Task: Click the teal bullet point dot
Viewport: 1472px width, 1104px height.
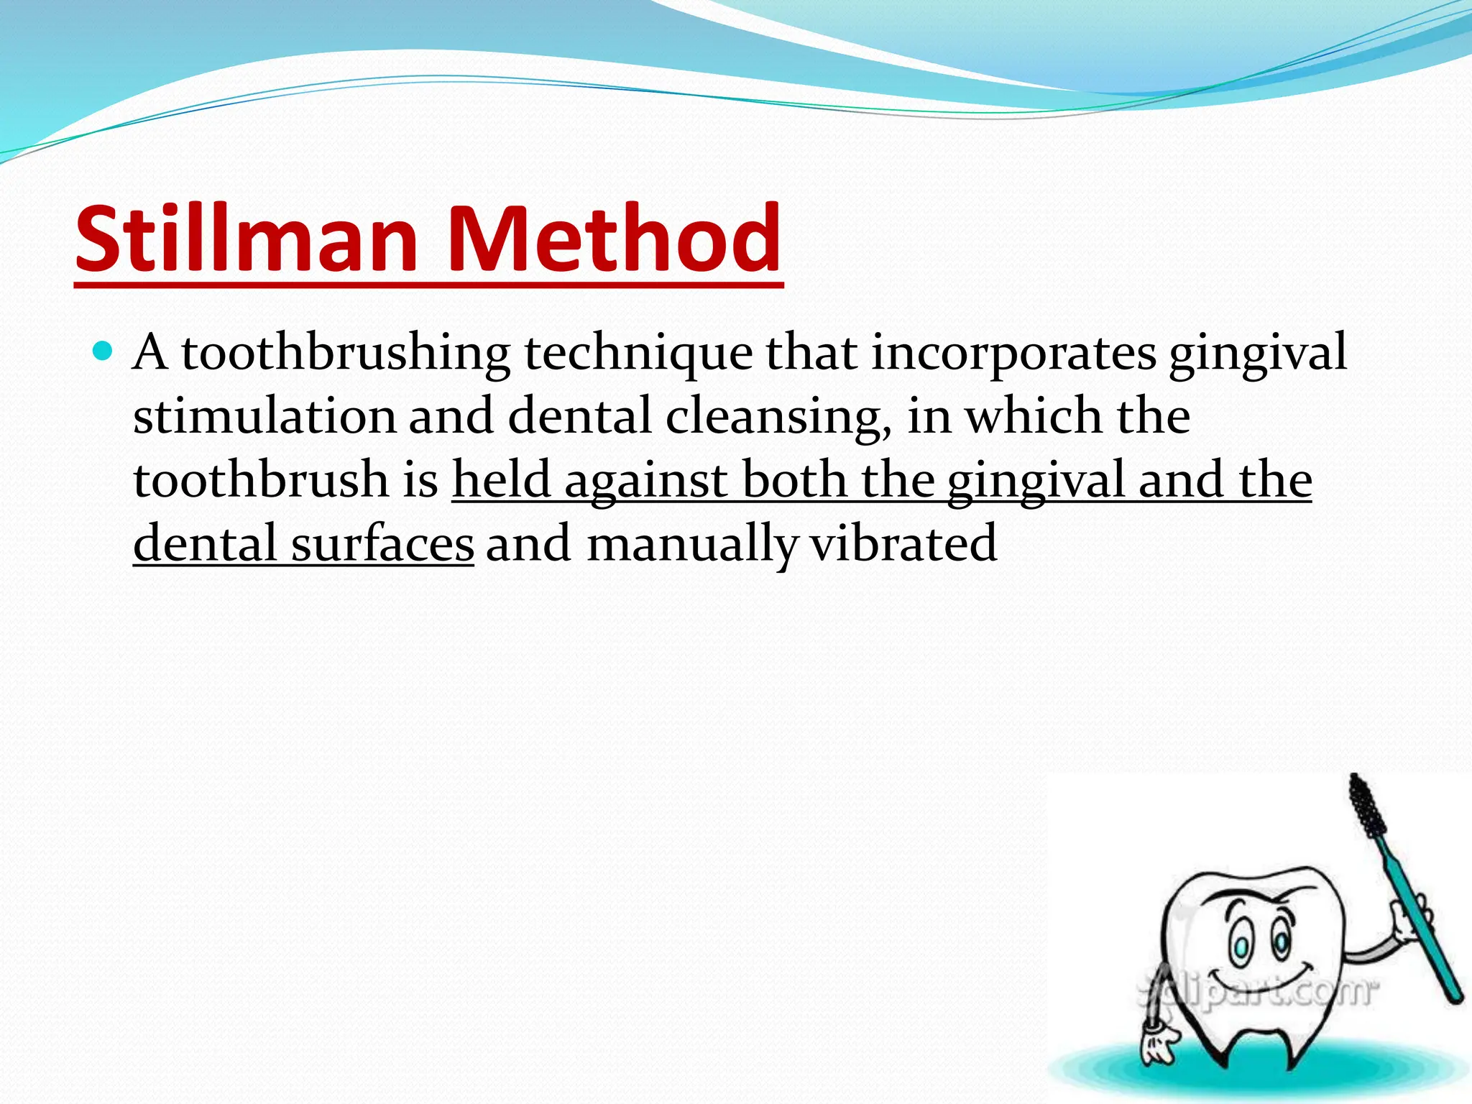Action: tap(103, 351)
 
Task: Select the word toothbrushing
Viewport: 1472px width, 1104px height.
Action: tap(345, 354)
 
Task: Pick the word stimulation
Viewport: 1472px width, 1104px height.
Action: tap(264, 417)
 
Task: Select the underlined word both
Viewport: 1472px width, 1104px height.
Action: tap(794, 480)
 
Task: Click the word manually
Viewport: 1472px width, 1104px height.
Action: tap(691, 545)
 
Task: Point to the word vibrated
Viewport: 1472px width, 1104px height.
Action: tap(903, 543)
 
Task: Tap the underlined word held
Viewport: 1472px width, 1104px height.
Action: tap(501, 480)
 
